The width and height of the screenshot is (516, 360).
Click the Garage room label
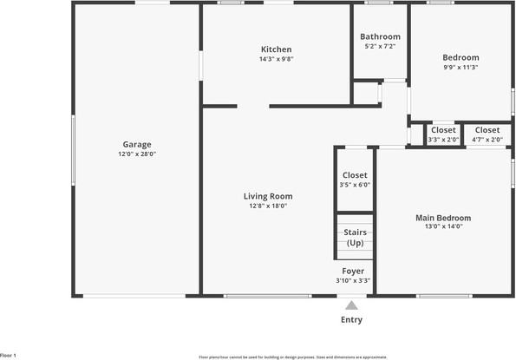click(x=137, y=144)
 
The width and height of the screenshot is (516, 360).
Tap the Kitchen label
click(x=277, y=49)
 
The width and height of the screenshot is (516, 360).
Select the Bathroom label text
click(x=381, y=36)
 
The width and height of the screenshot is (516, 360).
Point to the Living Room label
click(x=268, y=196)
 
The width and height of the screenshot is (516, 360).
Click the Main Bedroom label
click(x=443, y=218)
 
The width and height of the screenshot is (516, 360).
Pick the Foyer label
click(x=352, y=271)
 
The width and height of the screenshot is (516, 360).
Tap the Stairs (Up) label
click(x=355, y=238)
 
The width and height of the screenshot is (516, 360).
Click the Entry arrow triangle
click(x=351, y=305)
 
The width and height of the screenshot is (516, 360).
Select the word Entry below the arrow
click(x=351, y=320)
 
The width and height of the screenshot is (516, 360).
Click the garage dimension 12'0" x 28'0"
click(x=137, y=154)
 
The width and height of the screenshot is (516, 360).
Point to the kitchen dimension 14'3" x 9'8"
click(x=277, y=59)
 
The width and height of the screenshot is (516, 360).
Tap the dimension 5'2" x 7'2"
click(x=381, y=46)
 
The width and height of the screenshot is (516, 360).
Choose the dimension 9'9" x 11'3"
click(x=460, y=67)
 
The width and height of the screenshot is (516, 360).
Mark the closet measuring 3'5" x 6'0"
click(x=355, y=180)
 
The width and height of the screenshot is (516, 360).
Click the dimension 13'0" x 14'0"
click(x=443, y=227)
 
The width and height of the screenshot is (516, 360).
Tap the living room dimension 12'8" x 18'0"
click(x=268, y=206)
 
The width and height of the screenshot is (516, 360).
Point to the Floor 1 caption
click(x=9, y=355)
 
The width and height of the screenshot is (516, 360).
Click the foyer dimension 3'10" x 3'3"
click(x=352, y=280)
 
